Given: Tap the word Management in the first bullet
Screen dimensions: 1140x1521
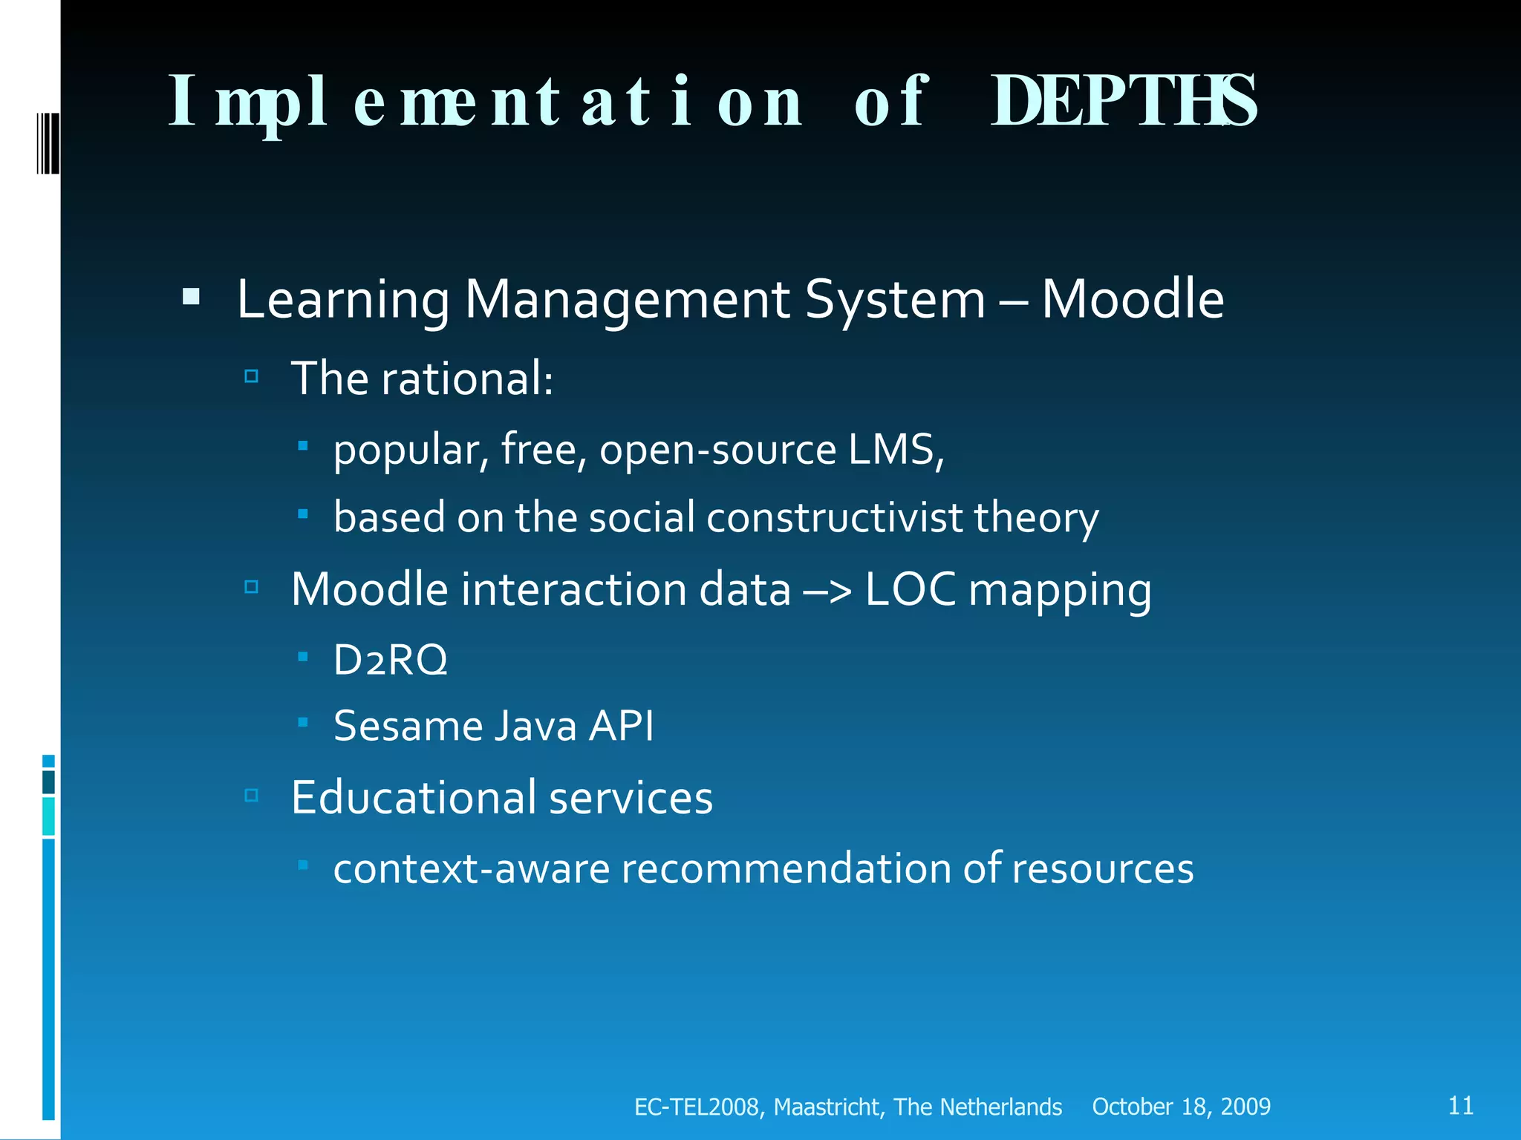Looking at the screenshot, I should pos(627,301).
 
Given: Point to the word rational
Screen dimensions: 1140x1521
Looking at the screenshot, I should pos(466,379).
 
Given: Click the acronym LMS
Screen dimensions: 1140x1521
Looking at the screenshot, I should pos(895,450).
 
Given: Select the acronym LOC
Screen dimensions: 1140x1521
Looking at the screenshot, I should pos(911,589).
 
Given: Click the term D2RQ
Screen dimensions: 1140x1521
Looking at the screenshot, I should pos(390,660).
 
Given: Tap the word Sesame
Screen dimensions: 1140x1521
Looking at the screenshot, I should pos(407,726).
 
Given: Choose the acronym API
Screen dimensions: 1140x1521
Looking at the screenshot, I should pos(621,726).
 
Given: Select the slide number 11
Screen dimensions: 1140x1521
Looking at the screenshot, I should pos(1460,1105).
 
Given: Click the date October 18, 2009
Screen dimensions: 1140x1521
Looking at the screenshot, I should pos(1181,1107).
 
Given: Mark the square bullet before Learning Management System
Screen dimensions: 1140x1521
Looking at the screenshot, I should pos(191,298).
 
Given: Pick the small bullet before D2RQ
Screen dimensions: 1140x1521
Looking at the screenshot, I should pos(303,656).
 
